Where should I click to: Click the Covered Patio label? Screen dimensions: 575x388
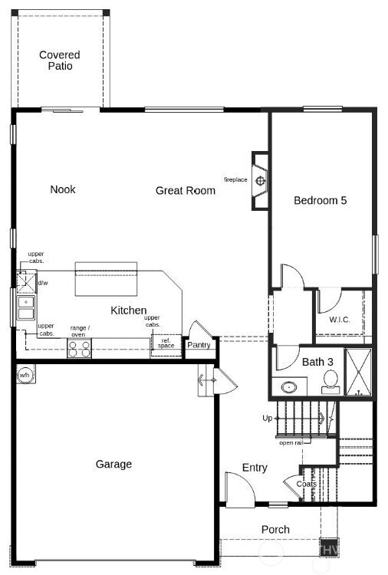click(60, 61)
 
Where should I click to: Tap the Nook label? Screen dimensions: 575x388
click(63, 189)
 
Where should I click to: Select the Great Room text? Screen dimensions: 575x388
click(186, 190)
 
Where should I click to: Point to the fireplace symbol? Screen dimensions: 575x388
click(261, 181)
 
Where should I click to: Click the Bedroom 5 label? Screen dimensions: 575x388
click(321, 200)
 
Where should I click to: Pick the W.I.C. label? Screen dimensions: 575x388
click(340, 320)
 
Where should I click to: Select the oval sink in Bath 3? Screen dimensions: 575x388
click(290, 386)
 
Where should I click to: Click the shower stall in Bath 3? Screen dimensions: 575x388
click(358, 373)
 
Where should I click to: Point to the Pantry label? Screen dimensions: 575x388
click(199, 345)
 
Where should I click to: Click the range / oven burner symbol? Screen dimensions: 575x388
click(79, 349)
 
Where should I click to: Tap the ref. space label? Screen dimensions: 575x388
click(166, 343)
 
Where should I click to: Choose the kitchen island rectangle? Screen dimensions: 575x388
click(106, 278)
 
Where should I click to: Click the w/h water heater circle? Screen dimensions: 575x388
click(24, 375)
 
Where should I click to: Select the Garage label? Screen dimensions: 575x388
click(113, 464)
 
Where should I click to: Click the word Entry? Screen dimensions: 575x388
click(255, 468)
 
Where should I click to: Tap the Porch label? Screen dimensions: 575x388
click(275, 529)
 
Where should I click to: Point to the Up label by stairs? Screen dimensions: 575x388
click(267, 418)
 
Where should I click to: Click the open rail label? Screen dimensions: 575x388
click(290, 442)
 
